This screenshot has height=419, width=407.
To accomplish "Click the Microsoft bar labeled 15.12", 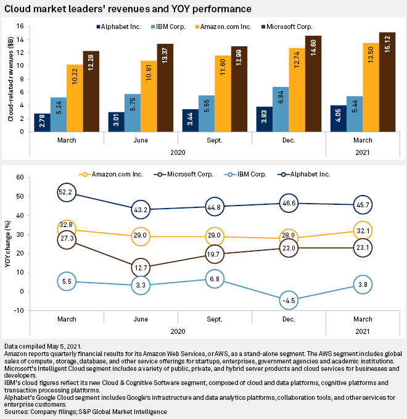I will pyautogui.click(x=387, y=82).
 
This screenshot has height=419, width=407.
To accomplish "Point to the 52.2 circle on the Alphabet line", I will pyautogui.click(x=67, y=193).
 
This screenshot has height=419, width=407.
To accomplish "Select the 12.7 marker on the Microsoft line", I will pyautogui.click(x=141, y=267).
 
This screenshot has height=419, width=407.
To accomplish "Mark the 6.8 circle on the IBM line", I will pyautogui.click(x=215, y=278).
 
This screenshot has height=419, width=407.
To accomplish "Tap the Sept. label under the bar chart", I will pyautogui.click(x=215, y=140).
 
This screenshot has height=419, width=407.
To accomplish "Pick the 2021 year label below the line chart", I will pyautogui.click(x=363, y=331).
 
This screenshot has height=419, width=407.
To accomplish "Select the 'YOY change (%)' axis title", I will pyautogui.click(x=9, y=244).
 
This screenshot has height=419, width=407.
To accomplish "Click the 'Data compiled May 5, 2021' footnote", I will pyautogui.click(x=43, y=346).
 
